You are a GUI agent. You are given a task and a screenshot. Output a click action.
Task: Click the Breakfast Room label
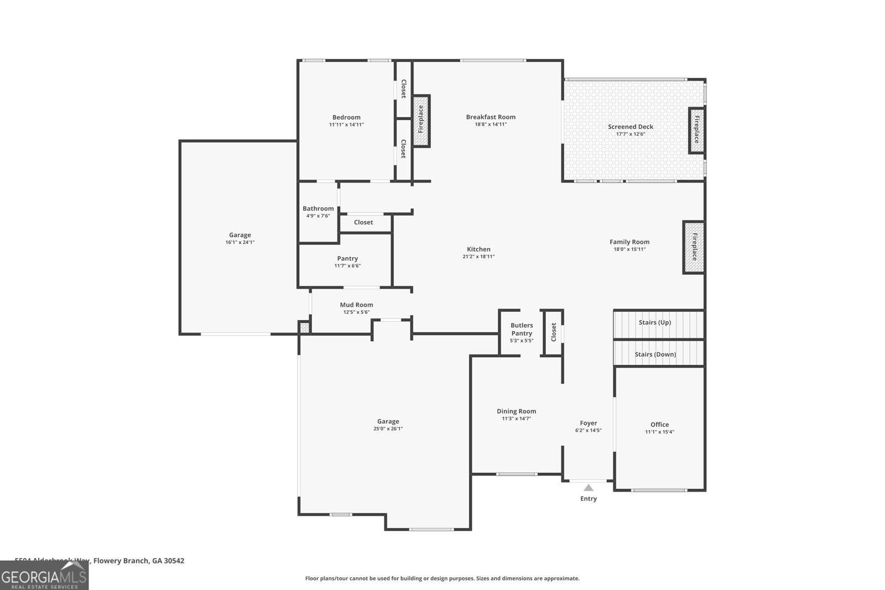(491, 117)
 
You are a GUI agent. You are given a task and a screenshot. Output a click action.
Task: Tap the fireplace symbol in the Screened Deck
(696, 130)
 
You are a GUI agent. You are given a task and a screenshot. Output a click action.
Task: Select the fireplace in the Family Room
(694, 247)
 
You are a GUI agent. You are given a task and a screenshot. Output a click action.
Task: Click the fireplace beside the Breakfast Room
(421, 120)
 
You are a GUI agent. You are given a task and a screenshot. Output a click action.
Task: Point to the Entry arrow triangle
(589, 488)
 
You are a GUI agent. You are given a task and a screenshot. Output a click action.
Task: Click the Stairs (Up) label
(654, 322)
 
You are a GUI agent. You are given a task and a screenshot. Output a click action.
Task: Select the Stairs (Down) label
(655, 354)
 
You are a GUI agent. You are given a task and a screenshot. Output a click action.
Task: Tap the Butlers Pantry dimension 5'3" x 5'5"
(521, 341)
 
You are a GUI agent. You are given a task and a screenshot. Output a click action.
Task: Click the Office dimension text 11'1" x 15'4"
(659, 432)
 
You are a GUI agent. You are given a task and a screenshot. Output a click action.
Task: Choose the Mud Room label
(356, 305)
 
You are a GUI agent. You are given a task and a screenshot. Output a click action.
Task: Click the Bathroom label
(318, 208)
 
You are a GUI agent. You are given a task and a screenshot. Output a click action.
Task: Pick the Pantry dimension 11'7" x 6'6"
(347, 266)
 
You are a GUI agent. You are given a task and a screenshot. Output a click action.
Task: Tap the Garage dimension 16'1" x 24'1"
(240, 242)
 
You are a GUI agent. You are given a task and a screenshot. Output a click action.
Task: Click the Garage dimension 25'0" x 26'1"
(388, 429)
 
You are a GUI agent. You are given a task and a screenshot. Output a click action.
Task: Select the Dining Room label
(516, 411)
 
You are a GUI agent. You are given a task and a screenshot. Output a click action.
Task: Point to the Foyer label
(589, 423)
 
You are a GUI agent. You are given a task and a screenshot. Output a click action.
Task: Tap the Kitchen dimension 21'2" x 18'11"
(478, 257)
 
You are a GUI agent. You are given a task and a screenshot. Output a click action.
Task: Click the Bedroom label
(346, 117)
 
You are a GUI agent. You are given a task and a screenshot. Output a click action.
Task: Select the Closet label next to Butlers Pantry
(554, 332)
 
